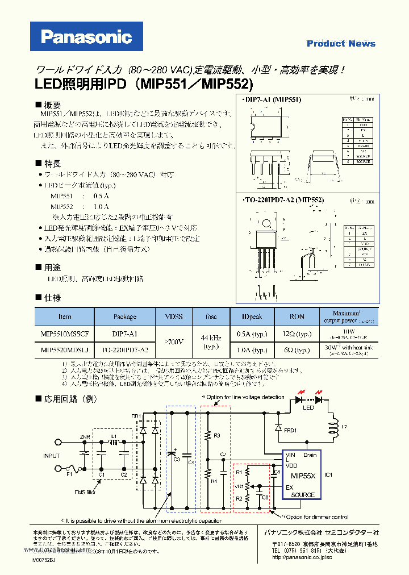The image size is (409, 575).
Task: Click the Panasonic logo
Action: (86, 38)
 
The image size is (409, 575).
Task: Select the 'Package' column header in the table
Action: (125, 316)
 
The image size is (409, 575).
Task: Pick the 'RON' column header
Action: (297, 316)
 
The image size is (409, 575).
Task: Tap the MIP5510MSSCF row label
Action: (65, 334)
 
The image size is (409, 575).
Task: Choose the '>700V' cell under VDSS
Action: (173, 342)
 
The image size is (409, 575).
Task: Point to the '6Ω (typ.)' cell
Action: (297, 351)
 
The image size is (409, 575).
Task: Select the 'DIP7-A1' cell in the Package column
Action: (125, 334)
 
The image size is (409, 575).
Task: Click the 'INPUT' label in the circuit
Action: (51, 456)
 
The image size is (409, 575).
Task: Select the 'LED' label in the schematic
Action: (307, 407)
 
